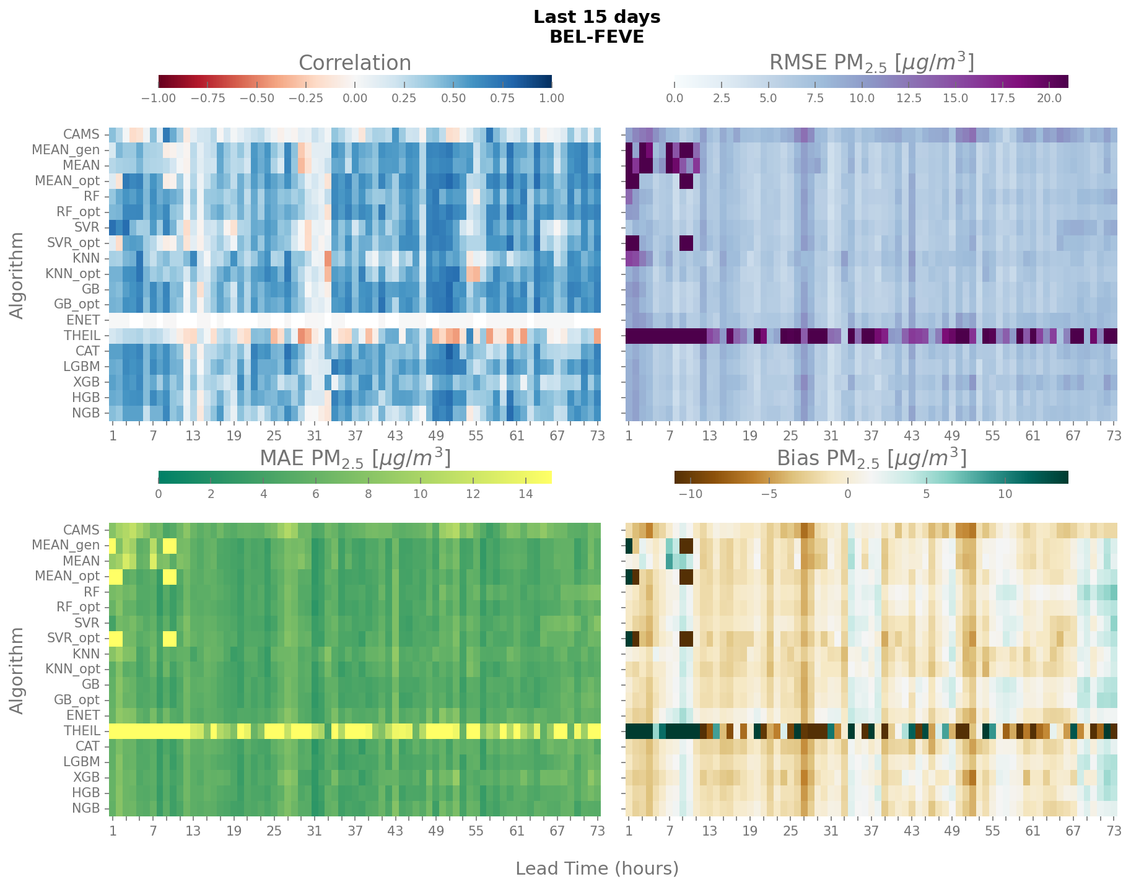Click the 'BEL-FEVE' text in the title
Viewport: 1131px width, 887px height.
596,37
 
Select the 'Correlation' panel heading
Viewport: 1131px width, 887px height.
354,63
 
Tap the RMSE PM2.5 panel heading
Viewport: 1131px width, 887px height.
871,63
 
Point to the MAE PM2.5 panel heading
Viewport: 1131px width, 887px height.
354,458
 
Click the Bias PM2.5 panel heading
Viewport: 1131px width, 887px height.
871,458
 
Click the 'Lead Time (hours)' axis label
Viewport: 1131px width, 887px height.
596,868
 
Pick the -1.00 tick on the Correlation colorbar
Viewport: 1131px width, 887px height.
159,98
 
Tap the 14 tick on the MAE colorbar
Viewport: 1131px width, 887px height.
525,494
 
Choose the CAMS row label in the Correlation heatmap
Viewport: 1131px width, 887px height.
81,134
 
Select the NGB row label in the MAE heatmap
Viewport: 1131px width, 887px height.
85,808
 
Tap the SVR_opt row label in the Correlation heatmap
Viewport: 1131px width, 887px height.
73,243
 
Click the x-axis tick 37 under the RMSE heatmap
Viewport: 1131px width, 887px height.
871,435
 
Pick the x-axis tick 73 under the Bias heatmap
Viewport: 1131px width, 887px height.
1114,831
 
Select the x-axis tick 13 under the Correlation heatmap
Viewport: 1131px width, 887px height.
193,435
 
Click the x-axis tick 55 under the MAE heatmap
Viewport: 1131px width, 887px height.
476,831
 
